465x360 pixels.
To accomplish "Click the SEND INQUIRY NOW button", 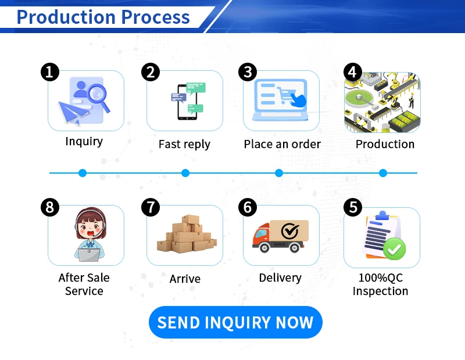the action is (x=235, y=322).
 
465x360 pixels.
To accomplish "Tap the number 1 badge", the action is (x=50, y=72).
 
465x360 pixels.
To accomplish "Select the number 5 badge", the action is (x=353, y=207).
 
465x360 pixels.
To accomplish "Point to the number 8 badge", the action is (x=50, y=207).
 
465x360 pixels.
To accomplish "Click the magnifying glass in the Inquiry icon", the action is (x=97, y=94).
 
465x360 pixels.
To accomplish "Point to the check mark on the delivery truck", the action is (x=289, y=231).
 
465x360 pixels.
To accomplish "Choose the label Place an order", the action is (x=282, y=144).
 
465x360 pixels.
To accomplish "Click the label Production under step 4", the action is (x=385, y=144).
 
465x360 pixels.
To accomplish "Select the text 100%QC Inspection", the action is (x=381, y=285).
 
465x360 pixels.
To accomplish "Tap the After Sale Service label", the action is (x=84, y=285).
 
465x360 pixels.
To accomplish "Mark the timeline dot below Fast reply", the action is (x=185, y=173).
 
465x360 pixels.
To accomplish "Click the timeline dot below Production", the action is (x=383, y=173).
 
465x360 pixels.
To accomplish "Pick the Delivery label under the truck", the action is (x=280, y=278).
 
